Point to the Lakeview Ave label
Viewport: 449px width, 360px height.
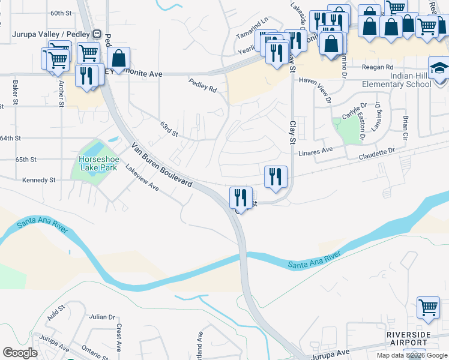click(x=142, y=178)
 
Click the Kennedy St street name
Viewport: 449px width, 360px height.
click(x=38, y=180)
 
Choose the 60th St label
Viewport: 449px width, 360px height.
click(x=61, y=13)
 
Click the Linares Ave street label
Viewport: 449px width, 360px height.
click(x=315, y=151)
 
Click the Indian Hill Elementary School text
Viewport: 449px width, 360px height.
click(x=396, y=80)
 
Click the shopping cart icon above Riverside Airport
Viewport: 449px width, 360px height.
click(x=428, y=307)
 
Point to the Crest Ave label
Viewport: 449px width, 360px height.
click(x=119, y=337)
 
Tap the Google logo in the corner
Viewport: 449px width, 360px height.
click(x=20, y=353)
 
